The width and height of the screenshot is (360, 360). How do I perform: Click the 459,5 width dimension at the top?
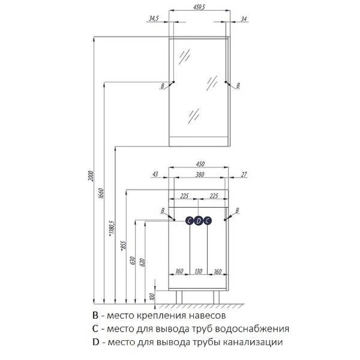(x=199, y=7)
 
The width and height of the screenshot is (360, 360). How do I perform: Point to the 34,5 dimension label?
(x=154, y=19)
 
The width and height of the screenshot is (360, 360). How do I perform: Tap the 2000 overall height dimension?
(x=91, y=176)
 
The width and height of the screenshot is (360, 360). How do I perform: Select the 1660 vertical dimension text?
(x=101, y=193)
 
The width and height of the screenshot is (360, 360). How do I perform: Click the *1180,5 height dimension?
(x=112, y=229)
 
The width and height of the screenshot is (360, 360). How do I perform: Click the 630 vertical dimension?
(x=133, y=261)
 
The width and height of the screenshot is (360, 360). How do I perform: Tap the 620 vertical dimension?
(x=142, y=262)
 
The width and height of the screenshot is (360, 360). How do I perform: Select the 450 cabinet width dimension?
(x=200, y=164)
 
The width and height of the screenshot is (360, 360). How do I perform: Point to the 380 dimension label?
(x=200, y=175)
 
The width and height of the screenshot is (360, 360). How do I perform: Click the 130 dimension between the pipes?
(x=199, y=271)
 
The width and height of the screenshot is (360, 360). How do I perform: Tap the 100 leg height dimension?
(x=152, y=296)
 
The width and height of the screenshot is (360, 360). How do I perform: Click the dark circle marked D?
(x=199, y=221)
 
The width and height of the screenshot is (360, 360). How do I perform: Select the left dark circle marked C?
(x=190, y=221)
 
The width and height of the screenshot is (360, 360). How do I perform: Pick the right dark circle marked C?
(x=208, y=221)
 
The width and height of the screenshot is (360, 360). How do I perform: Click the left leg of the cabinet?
(x=179, y=297)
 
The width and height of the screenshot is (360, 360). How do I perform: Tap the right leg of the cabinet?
(x=216, y=297)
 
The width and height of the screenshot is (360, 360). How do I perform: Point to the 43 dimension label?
(x=155, y=174)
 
